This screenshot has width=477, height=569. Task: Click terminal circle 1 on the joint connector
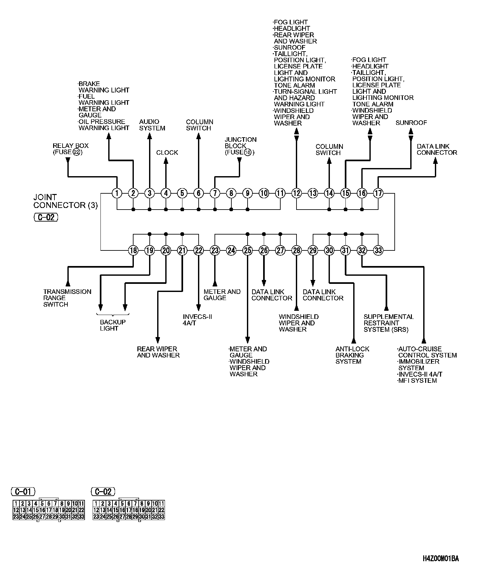117,193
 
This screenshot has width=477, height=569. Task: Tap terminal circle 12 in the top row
297,193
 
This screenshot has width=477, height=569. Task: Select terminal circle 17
378,193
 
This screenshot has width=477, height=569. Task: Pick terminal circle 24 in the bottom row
231,250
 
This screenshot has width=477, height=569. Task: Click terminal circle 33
378,250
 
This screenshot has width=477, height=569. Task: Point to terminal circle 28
297,250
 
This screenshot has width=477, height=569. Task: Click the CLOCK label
167,152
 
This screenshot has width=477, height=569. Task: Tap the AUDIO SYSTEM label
152,125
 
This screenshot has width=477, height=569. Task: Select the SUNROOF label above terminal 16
411,123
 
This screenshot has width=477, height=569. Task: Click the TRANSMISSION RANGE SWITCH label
67,298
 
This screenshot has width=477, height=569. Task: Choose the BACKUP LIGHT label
113,325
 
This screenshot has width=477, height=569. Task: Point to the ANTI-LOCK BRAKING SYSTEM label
352,355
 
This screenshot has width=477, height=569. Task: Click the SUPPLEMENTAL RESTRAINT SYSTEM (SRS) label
389,323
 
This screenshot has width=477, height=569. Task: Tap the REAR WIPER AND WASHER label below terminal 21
158,352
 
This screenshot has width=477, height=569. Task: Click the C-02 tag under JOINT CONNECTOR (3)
46,217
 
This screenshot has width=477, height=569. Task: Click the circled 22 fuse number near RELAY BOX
76,152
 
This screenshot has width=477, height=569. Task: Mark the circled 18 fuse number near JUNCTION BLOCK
248,152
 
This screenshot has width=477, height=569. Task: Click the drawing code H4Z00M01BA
441,559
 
